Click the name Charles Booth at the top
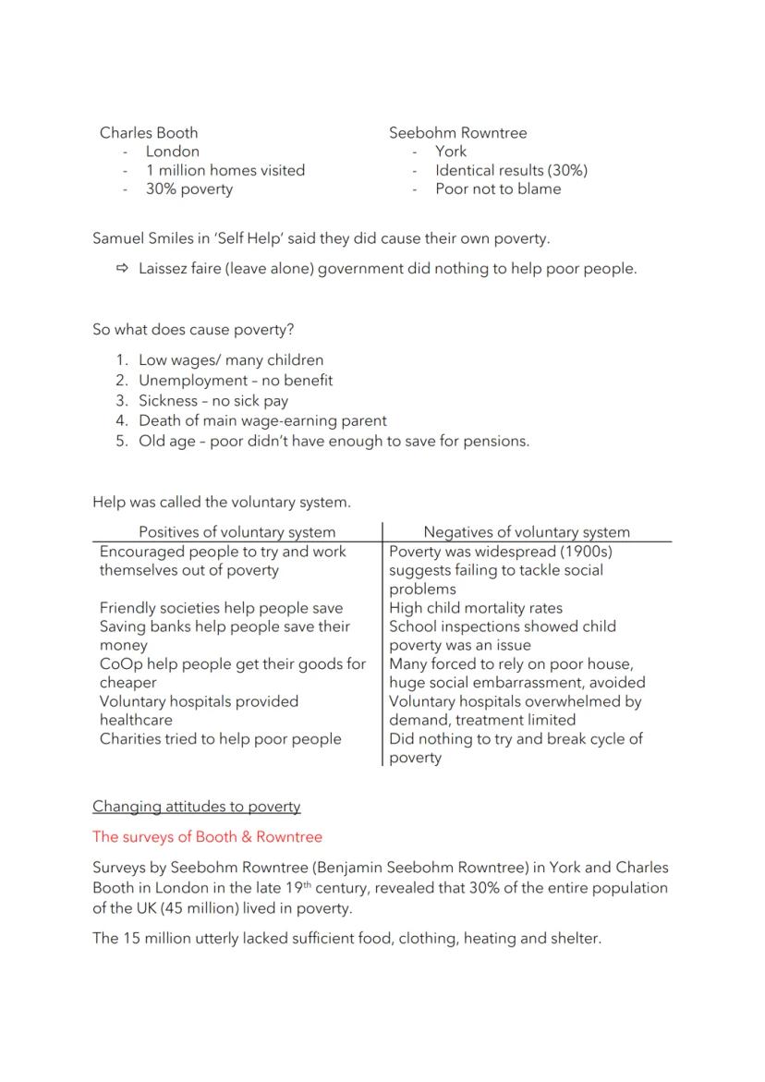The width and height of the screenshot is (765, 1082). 149,132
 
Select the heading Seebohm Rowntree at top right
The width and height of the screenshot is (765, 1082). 457,132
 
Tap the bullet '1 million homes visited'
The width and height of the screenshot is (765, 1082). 225,170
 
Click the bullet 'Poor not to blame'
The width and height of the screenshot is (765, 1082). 498,188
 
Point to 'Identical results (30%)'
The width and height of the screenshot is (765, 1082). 511,170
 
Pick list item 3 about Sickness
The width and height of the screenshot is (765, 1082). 212,401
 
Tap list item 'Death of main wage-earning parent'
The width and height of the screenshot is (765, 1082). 262,420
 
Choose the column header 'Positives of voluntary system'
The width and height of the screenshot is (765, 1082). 237,531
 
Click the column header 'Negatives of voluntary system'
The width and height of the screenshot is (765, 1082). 527,531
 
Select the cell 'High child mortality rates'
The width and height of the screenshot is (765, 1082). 475,608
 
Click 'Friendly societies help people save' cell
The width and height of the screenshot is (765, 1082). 221,608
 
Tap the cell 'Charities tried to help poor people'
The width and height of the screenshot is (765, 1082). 220,738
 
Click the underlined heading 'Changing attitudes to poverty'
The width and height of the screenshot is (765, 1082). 196,806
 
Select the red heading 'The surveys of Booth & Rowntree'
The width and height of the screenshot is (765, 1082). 207,836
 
